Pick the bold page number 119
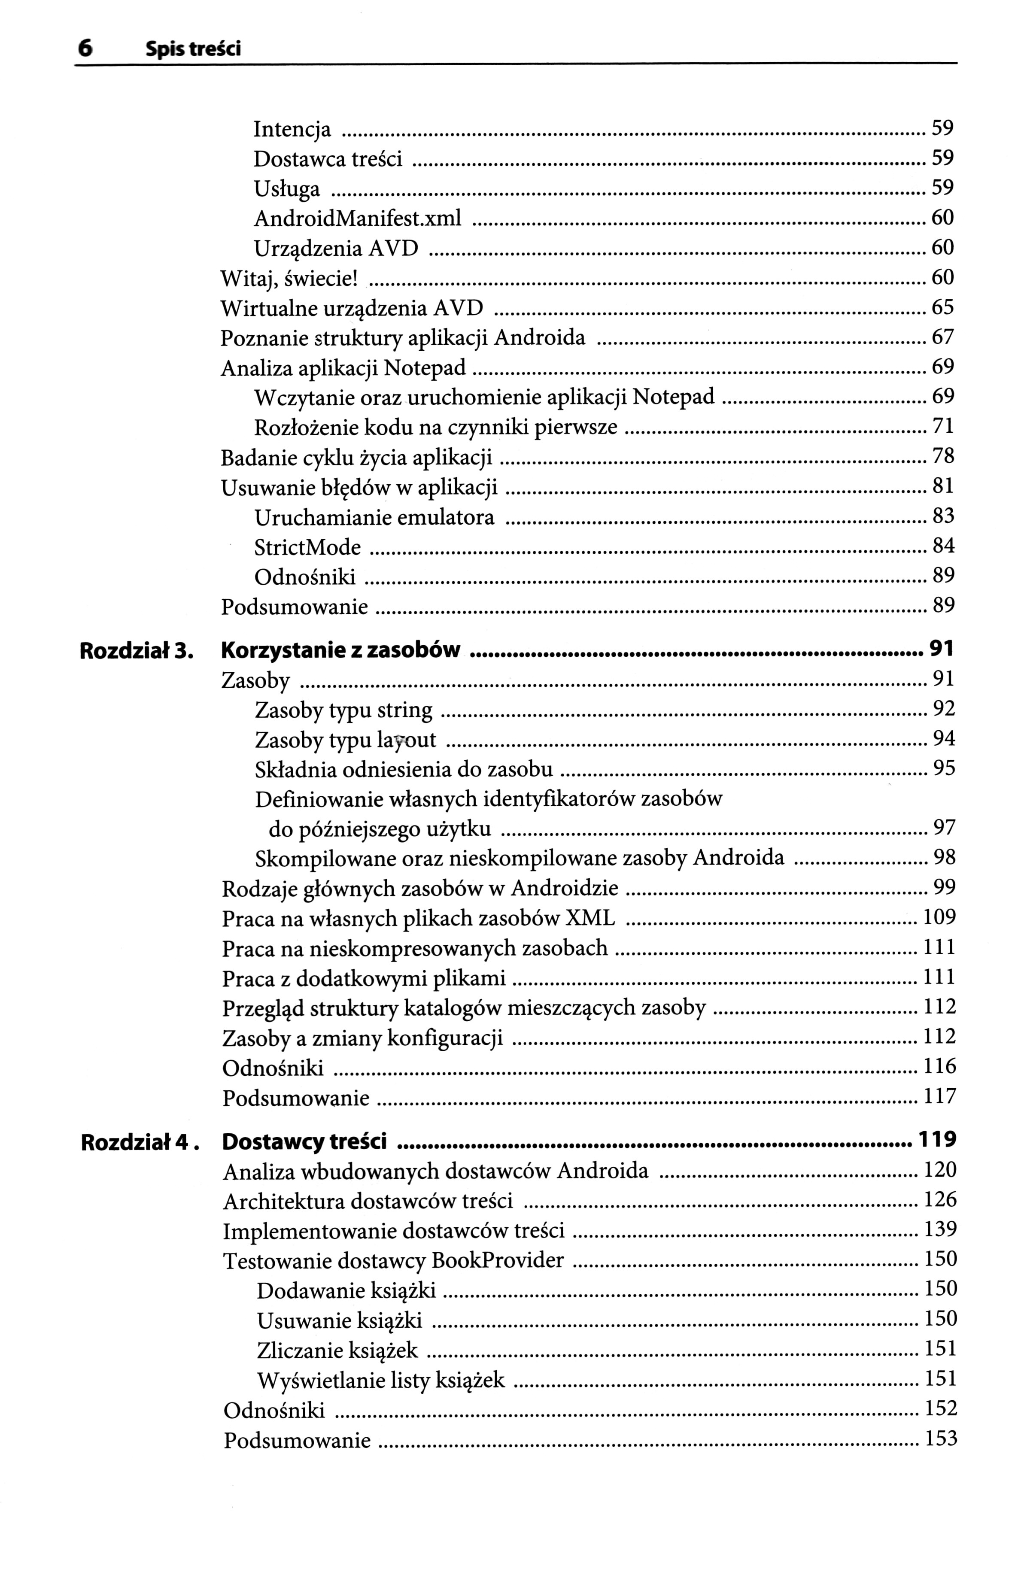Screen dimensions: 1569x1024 [936, 1140]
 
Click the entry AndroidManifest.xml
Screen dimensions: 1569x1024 [357, 218]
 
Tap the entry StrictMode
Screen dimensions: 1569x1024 [307, 547]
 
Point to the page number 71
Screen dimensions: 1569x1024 [943, 427]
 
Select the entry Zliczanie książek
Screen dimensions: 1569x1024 [337, 1350]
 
